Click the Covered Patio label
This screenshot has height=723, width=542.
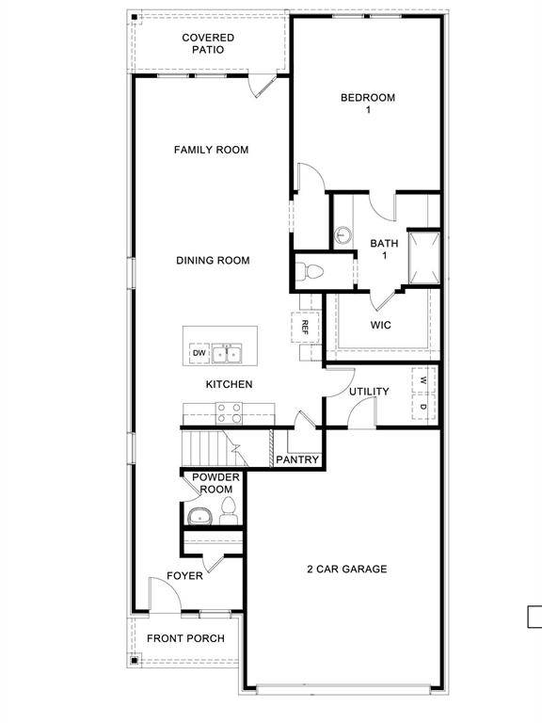208,43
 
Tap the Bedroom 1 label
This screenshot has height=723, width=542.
367,104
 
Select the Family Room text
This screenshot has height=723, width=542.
211,150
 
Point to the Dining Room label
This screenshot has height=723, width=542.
213,260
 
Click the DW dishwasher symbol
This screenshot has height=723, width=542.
199,353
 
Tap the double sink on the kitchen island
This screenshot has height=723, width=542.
226,353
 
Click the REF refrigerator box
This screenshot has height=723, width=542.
306,327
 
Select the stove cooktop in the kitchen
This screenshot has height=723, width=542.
230,411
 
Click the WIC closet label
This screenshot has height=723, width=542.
380,326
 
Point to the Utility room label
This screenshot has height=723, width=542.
369,392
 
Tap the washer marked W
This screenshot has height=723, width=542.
423,381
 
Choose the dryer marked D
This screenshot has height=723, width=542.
423,407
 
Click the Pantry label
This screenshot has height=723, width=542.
298,460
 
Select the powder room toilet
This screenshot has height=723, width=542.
228,513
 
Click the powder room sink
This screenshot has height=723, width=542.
199,515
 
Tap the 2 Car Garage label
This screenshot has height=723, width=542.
346,569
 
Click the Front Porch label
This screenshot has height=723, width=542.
185,639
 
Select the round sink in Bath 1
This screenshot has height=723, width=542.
343,234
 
